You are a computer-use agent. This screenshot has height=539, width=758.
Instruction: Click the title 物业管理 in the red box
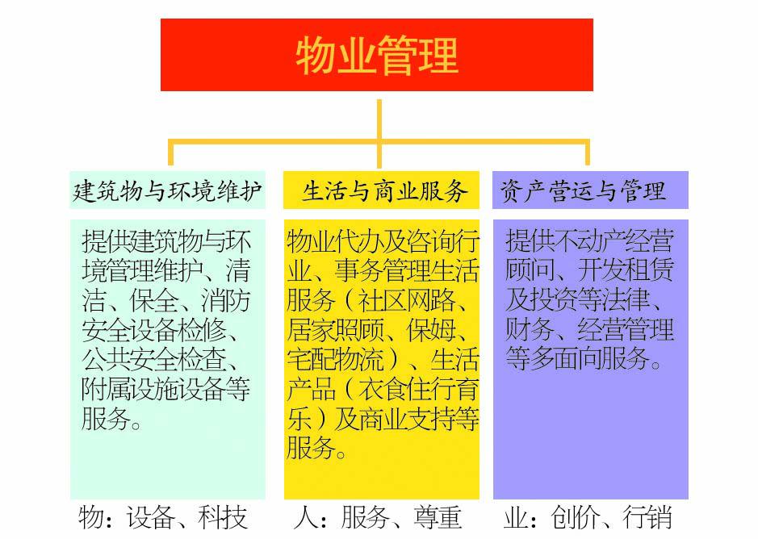[377, 56]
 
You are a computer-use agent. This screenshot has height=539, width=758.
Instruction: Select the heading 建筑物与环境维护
[167, 190]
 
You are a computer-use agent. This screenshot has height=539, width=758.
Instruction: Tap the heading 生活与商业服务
[385, 190]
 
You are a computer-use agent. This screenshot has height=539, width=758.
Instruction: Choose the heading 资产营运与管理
[583, 190]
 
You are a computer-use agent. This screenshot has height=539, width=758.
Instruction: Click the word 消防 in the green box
[226, 301]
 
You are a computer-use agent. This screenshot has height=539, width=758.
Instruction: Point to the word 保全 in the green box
[154, 301]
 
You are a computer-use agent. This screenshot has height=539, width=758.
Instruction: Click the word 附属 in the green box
[106, 389]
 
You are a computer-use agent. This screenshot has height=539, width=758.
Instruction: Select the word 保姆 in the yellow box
[431, 330]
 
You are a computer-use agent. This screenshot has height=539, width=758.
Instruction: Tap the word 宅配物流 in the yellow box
[335, 360]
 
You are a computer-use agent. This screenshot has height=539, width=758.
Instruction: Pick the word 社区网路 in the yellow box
[407, 301]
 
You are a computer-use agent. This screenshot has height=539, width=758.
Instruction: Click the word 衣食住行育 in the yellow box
[419, 389]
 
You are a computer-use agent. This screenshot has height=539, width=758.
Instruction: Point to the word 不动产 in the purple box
[589, 240]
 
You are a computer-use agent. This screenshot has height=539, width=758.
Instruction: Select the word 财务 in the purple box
[530, 330]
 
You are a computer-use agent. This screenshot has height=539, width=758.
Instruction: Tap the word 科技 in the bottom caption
[222, 518]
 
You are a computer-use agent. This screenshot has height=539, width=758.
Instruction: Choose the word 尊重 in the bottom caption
[438, 518]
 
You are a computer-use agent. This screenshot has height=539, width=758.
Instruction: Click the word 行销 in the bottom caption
[647, 518]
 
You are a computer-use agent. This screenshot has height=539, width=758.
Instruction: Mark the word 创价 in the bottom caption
[575, 518]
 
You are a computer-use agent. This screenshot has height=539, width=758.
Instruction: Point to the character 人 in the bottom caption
[305, 518]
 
